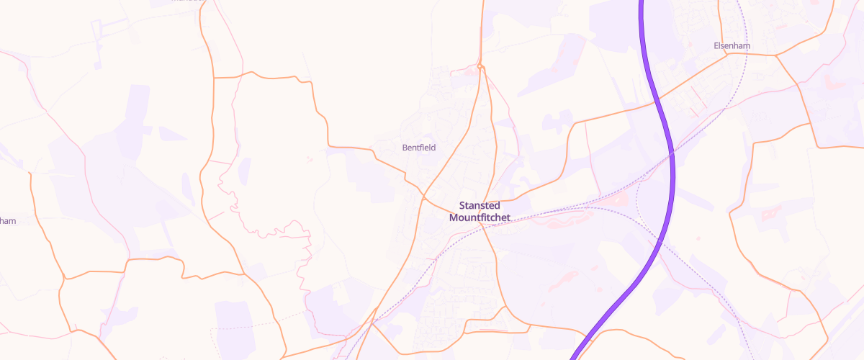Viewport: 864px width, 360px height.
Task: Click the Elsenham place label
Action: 732,45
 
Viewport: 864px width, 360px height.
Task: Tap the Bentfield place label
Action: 418,148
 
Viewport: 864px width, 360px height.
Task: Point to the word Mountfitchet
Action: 480,217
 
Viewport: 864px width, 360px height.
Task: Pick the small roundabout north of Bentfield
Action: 480,68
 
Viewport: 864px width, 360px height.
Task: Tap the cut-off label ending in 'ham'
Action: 7,221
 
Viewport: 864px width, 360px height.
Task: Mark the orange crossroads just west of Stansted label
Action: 423,196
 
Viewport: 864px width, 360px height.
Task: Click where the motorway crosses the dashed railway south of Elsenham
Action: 672,153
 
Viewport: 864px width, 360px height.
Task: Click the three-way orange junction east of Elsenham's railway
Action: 775,55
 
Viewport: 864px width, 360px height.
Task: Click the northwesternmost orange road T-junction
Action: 214,76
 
